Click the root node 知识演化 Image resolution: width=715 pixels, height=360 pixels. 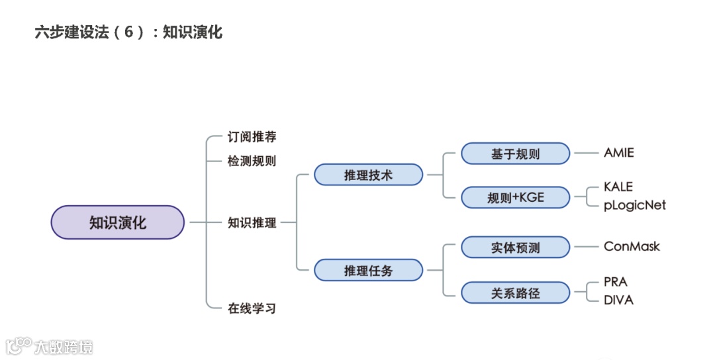point(117,222)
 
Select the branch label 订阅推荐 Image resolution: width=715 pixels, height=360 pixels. point(252,137)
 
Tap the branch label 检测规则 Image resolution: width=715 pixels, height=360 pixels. point(252,161)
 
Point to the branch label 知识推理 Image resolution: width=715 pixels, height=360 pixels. point(252,223)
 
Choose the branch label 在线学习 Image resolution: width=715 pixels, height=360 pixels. point(252,308)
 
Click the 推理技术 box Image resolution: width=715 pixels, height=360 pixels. point(368,175)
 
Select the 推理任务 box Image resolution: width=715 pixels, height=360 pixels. point(368,270)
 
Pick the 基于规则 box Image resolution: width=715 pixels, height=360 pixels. point(515,154)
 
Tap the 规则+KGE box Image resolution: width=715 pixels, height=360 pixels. point(515,197)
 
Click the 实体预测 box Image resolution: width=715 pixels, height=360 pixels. point(515,247)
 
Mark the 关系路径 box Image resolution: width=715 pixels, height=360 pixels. point(515,292)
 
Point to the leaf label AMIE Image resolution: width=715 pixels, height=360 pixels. point(618,153)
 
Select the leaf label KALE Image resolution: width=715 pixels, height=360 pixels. point(618,187)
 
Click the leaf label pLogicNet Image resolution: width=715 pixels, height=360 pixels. point(634,205)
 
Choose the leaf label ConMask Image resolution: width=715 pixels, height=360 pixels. point(632,247)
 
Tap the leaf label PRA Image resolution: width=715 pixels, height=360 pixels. point(615,282)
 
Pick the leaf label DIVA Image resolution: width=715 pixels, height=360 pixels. point(618,300)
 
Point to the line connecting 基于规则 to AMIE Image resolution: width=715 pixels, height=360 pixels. point(585,153)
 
